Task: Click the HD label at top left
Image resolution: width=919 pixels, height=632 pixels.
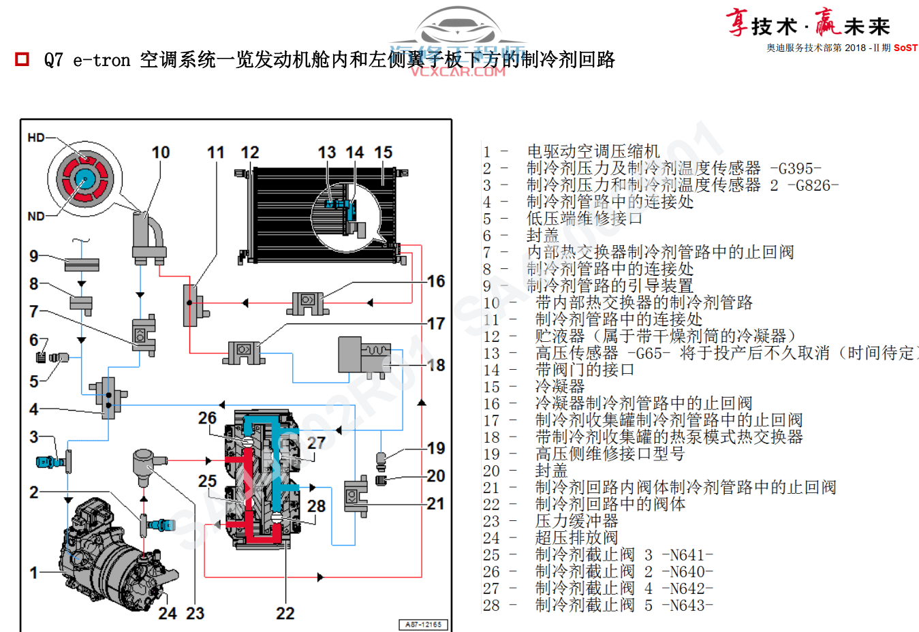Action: pyautogui.click(x=36, y=138)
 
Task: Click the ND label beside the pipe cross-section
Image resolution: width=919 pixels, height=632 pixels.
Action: pyautogui.click(x=36, y=217)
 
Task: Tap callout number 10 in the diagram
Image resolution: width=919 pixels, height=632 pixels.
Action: pyautogui.click(x=161, y=153)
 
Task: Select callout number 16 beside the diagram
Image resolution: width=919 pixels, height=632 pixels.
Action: pyautogui.click(x=436, y=281)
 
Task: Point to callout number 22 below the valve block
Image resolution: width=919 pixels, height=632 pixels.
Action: pyautogui.click(x=285, y=614)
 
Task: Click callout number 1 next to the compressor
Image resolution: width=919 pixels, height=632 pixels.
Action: pyautogui.click(x=33, y=573)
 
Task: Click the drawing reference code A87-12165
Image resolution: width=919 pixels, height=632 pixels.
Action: pyautogui.click(x=423, y=625)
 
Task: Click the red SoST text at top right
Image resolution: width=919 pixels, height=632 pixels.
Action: pyautogui.click(x=905, y=48)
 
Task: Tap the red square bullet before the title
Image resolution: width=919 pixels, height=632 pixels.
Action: pyautogui.click(x=22, y=59)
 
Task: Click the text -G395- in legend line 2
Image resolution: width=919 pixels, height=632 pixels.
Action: pyautogui.click(x=795, y=168)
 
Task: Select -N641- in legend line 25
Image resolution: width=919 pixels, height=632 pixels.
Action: pyautogui.click(x=687, y=555)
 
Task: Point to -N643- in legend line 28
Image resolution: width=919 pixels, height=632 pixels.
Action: pyautogui.click(x=687, y=605)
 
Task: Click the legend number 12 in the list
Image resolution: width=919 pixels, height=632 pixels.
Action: pyautogui.click(x=492, y=336)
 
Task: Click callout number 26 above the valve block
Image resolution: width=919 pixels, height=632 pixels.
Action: pyautogui.click(x=207, y=418)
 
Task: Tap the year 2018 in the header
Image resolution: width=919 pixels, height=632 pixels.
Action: pyautogui.click(x=855, y=48)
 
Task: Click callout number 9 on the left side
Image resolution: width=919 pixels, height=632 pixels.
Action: pyautogui.click(x=33, y=256)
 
